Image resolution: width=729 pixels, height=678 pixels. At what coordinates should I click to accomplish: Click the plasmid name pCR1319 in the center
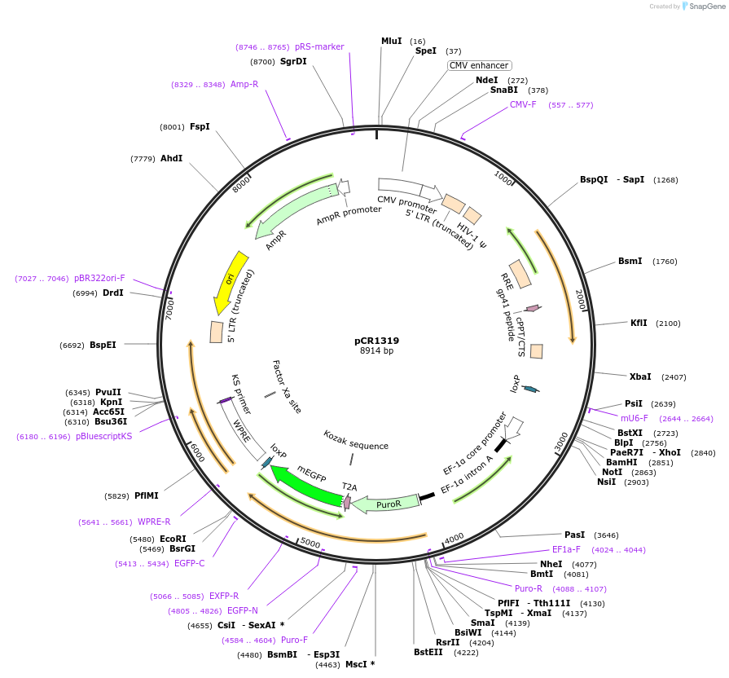click(376, 341)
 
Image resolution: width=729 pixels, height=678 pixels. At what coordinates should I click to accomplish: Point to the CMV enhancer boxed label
click(479, 65)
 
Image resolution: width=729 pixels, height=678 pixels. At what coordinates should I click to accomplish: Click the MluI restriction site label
click(392, 41)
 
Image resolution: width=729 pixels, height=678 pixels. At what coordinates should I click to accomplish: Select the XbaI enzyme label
click(640, 376)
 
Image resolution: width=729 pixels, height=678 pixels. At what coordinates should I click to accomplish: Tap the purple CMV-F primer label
click(523, 104)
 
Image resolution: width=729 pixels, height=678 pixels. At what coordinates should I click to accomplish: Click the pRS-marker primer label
click(319, 46)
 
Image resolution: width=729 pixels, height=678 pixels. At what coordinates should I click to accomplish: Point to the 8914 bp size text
click(376, 351)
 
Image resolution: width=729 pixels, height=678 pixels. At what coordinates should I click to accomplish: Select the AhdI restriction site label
click(171, 158)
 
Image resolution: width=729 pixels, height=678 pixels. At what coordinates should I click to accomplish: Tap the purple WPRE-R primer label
click(154, 522)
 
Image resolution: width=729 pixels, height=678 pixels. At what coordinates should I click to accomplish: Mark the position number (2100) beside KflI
click(668, 324)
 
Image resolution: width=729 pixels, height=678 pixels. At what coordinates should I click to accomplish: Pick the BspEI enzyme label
click(103, 345)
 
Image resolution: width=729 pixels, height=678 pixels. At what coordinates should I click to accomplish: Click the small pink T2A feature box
click(347, 502)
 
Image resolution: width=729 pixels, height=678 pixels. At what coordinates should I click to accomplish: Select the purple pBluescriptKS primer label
click(103, 436)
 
